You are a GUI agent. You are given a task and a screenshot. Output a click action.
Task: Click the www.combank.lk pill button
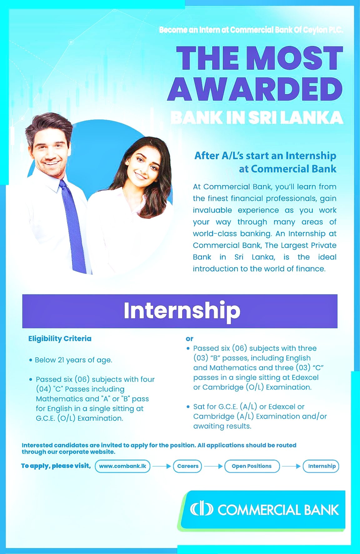(x=122, y=466)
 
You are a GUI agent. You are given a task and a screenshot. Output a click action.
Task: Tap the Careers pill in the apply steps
(x=187, y=466)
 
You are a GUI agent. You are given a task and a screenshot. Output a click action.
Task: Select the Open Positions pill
(x=252, y=466)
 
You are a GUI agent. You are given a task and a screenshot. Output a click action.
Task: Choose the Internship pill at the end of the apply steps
(x=322, y=466)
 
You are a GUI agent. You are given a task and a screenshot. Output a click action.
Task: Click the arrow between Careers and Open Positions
(x=213, y=466)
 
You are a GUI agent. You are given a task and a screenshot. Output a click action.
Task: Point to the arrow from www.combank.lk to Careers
(x=162, y=466)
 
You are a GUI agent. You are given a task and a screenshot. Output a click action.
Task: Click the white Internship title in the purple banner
(x=182, y=310)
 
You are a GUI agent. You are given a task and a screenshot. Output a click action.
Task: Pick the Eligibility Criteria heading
(x=60, y=339)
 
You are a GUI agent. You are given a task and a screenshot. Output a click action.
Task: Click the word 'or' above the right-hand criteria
(x=189, y=339)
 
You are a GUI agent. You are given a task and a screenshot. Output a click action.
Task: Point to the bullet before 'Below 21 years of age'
(x=31, y=360)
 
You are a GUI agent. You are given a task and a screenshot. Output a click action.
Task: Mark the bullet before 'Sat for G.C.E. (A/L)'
(x=188, y=407)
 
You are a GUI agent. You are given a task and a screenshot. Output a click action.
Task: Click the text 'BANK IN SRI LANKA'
(x=257, y=118)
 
